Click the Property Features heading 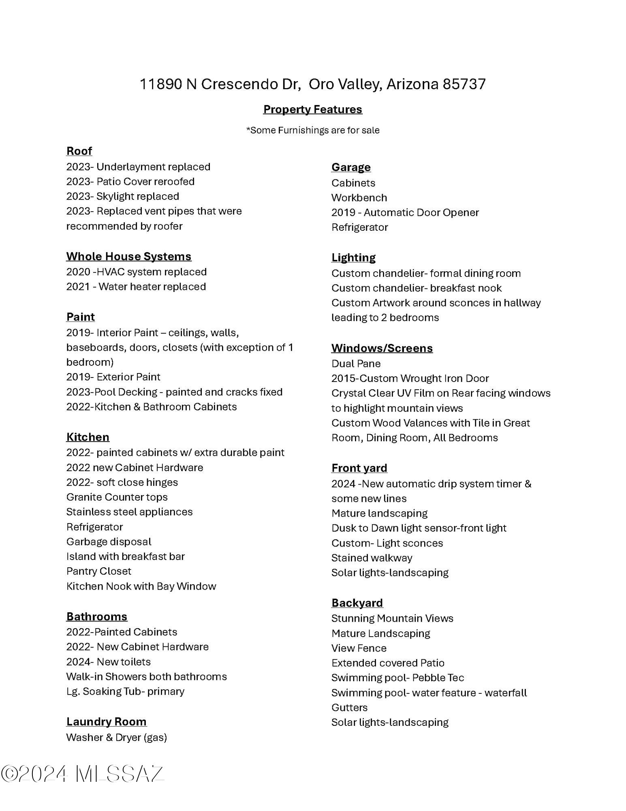312,109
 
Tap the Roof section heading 79,151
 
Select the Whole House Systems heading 129,256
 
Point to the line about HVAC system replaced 137,272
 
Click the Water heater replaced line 136,287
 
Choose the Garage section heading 351,167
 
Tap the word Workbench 359,198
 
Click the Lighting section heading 353,257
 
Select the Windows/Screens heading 382,348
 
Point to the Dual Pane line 356,364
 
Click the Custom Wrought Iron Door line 410,378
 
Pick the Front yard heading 359,468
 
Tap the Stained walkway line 372,558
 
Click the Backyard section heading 357,603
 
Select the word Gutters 349,708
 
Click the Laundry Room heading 106,722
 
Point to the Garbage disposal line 109,542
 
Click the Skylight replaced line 122,196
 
